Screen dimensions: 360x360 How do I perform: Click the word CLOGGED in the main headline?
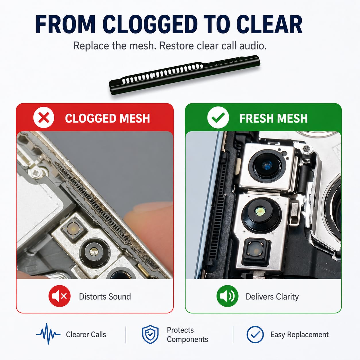click(x=150, y=24)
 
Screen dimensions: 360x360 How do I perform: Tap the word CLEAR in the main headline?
click(x=269, y=24)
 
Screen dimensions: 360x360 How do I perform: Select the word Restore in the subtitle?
click(x=177, y=46)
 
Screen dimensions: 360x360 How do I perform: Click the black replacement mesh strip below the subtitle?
click(x=184, y=75)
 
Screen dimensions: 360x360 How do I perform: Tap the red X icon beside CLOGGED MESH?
click(x=44, y=117)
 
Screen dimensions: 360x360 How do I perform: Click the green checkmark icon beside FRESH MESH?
click(x=218, y=117)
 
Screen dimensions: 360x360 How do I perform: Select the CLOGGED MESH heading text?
click(x=107, y=118)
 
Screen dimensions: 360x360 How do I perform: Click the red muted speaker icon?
click(x=60, y=296)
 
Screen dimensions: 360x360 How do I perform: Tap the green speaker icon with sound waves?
click(x=227, y=296)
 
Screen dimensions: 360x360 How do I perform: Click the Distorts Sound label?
click(x=105, y=297)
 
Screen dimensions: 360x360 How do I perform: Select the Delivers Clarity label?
click(x=272, y=297)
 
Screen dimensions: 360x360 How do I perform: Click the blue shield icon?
click(x=150, y=334)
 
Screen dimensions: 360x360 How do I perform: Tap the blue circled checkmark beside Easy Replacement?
click(x=255, y=334)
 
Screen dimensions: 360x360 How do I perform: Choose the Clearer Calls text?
click(x=86, y=334)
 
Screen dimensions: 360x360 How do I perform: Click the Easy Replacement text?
click(x=299, y=335)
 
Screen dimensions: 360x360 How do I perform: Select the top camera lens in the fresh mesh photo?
click(x=267, y=166)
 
